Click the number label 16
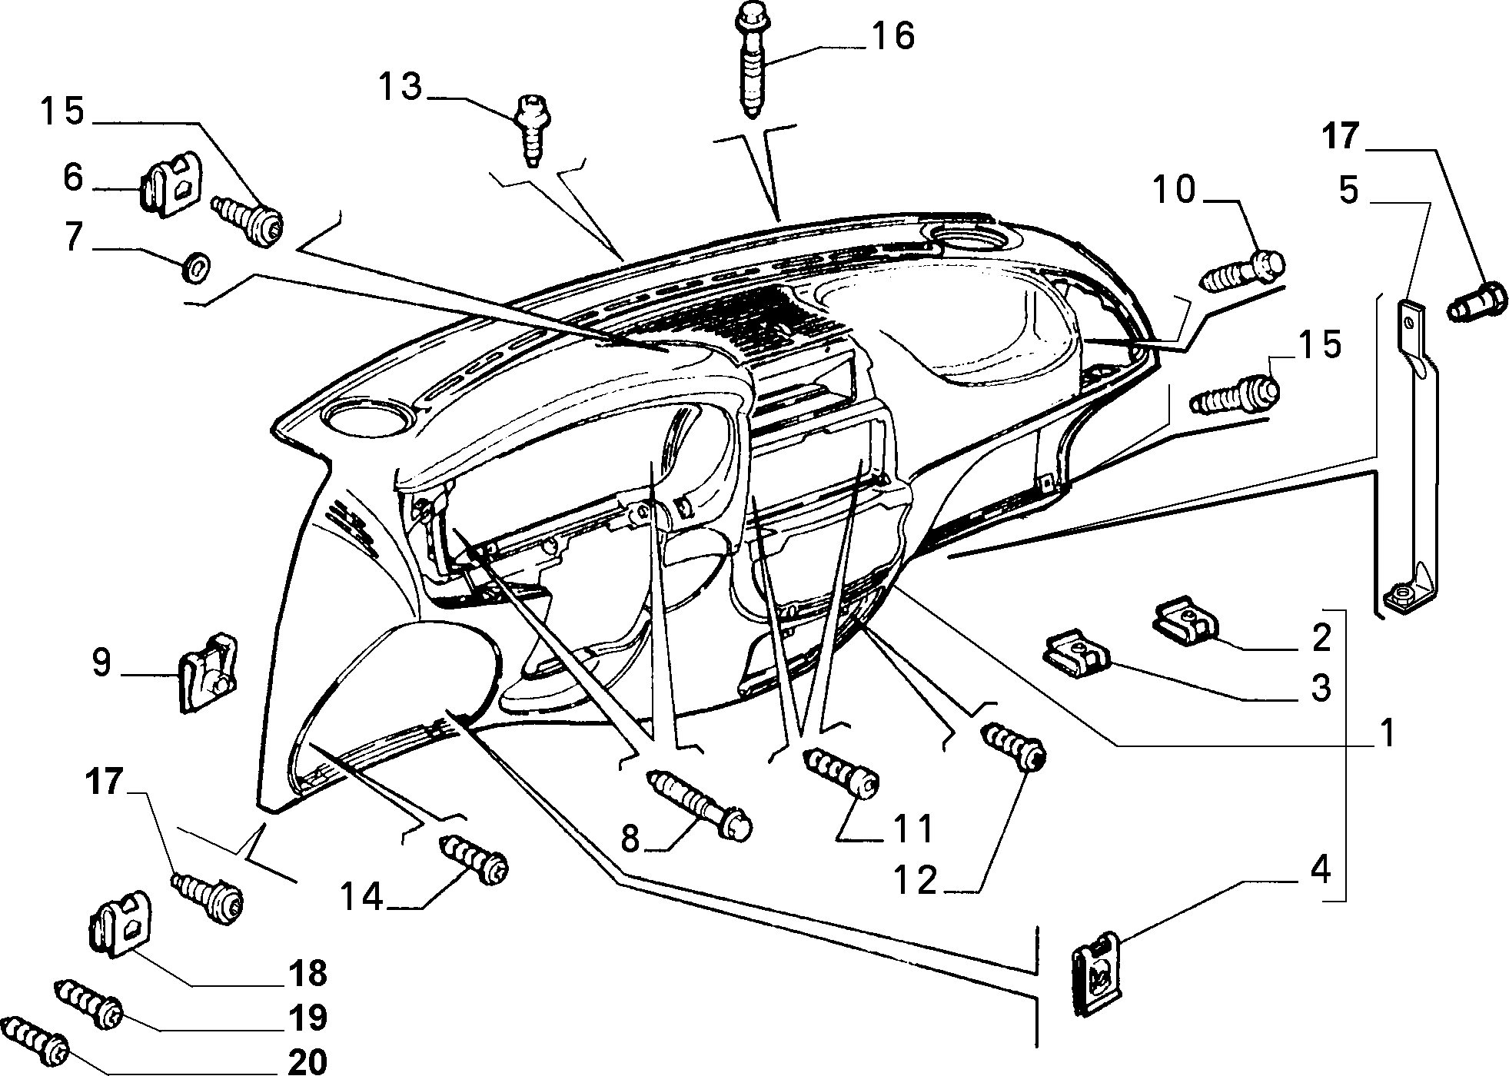point(892,37)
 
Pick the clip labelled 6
point(170,184)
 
